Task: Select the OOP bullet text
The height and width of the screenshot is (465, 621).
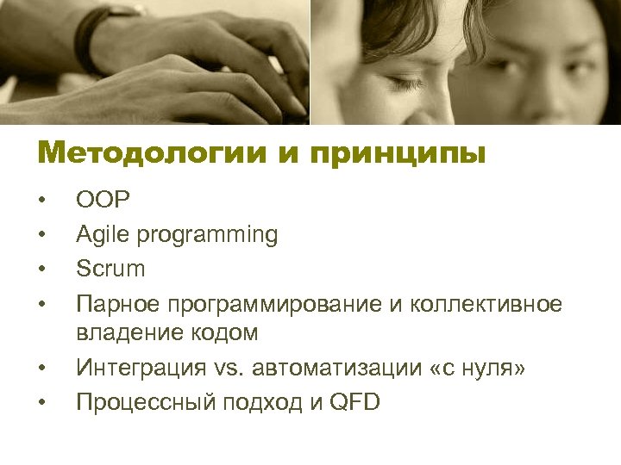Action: [103, 201]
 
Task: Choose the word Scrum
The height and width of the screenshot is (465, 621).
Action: [110, 269]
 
